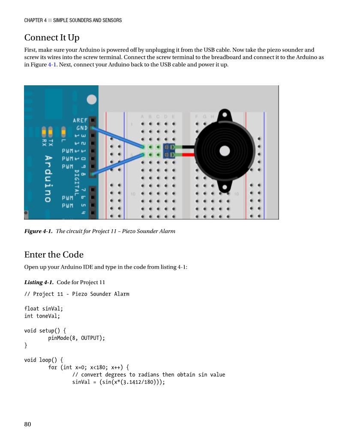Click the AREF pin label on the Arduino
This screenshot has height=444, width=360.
80,120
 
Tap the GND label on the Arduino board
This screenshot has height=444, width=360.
82,128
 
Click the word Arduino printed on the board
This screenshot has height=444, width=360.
48,178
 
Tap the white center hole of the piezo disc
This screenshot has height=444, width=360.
224,151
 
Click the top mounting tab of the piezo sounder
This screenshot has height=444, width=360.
224,115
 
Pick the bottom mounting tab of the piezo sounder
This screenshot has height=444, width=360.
224,186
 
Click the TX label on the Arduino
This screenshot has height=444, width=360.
51,142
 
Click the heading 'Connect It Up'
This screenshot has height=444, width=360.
51,38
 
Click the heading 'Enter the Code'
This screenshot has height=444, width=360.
54,255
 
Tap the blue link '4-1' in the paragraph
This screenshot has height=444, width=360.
52,65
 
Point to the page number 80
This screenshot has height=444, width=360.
28,424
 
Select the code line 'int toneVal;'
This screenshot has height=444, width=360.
42,316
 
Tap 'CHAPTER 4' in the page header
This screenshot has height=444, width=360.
35,20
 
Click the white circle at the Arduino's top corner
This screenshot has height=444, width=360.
92,99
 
